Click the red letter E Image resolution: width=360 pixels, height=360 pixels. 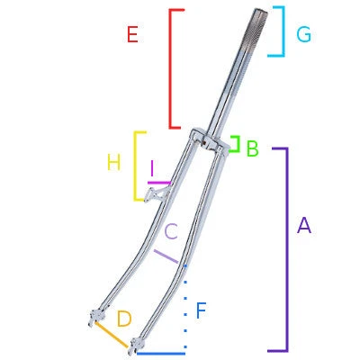tap(132, 35)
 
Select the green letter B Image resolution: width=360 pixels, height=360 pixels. tap(252, 149)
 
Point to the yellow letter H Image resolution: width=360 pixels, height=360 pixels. tap(113, 163)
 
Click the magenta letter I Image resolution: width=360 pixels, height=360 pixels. tap(153, 168)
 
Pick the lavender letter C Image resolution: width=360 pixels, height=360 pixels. tap(171, 231)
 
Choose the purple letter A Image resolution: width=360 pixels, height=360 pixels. tap(303, 226)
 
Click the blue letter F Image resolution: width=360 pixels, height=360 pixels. tap(202, 312)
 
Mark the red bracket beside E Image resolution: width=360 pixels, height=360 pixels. tap(171, 67)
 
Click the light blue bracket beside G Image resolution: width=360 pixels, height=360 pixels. tap(282, 31)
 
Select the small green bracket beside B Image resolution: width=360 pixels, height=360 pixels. tap(237, 144)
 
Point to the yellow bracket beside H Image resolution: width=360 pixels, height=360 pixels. tap(136, 166)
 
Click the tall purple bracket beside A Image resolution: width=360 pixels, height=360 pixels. tap(285, 248)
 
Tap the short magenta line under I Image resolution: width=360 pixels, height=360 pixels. tap(158, 182)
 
